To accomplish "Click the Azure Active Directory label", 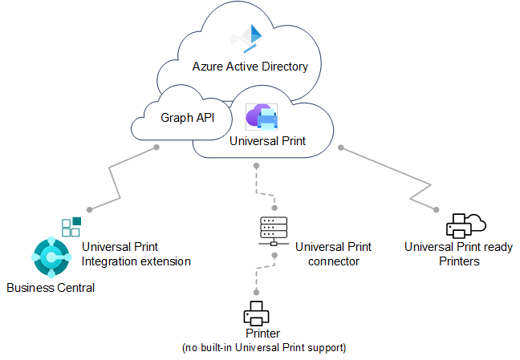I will [250, 67].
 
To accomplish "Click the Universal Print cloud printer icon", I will [262, 118].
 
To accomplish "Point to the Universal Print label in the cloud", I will [267, 140].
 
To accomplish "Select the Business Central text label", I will [51, 288].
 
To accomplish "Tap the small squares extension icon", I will [71, 226].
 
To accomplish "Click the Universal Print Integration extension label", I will [136, 255].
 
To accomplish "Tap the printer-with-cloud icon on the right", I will [465, 225].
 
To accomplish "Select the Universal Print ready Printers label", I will [458, 254].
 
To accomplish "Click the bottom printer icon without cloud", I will [258, 312].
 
